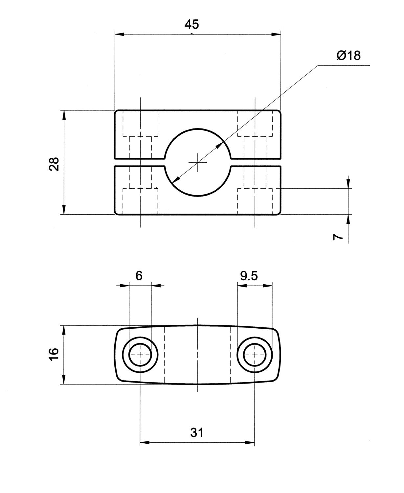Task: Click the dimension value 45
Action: (191, 25)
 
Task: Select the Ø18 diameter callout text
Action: (348, 56)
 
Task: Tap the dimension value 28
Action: (54, 164)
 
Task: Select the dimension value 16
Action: (54, 354)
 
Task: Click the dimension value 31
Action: (197, 433)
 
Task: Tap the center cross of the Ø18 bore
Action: (197, 162)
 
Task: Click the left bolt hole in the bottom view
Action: (140, 354)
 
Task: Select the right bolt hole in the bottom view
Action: (255, 354)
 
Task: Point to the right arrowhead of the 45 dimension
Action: (277, 34)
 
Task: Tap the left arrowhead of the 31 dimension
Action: (145, 442)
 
